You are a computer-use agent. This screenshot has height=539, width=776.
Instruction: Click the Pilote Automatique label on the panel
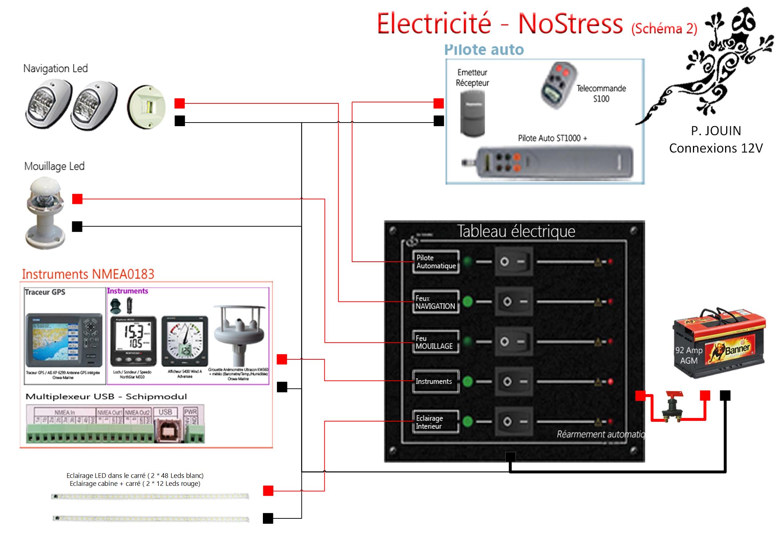[436, 262]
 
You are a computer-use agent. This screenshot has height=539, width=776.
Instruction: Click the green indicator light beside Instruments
[468, 381]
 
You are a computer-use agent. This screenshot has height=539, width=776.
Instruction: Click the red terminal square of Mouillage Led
[77, 199]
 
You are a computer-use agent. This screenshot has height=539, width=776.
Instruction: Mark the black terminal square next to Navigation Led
[180, 121]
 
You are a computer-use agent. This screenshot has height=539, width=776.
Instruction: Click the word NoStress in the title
[571, 24]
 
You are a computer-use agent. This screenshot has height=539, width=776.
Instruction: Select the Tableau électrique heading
[516, 231]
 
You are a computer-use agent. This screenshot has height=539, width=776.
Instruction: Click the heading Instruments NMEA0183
[88, 274]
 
